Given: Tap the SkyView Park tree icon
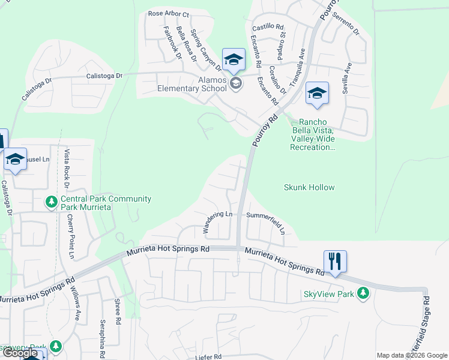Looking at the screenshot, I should click(362, 293).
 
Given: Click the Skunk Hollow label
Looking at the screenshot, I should click(309, 187).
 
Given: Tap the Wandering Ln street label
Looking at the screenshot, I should click(217, 222).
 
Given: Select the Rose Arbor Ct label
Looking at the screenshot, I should click(168, 14).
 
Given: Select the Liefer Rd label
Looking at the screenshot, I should click(208, 356).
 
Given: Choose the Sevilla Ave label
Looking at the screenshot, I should click(346, 76).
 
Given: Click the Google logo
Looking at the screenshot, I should click(20, 353).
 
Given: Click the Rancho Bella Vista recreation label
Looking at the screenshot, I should click(313, 134).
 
